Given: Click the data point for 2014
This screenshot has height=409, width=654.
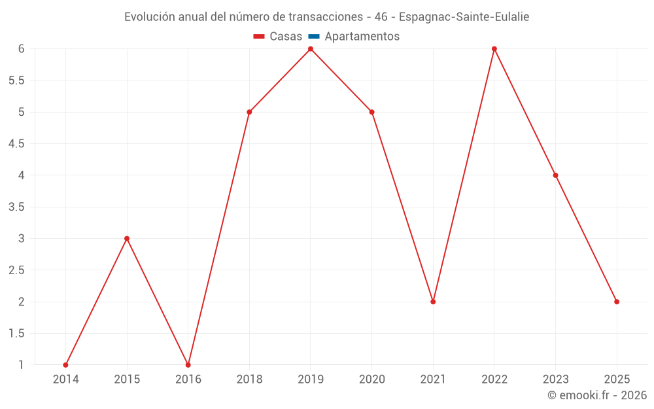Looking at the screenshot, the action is click(x=65, y=365).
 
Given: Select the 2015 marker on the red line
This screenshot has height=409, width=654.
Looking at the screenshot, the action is click(x=127, y=239).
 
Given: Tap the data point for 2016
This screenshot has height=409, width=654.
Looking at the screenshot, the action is click(x=188, y=365).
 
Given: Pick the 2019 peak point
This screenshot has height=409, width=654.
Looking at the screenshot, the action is click(x=311, y=49).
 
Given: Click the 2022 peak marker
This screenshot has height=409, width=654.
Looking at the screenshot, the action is click(x=494, y=49).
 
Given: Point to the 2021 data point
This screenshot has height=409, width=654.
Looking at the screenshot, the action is click(x=433, y=302).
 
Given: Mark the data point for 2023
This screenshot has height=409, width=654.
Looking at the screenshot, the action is click(x=555, y=175).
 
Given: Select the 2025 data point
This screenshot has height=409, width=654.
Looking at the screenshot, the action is click(x=617, y=302).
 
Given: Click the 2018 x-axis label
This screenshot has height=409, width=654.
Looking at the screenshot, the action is click(x=249, y=380).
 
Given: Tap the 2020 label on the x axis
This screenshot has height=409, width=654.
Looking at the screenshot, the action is click(x=372, y=380).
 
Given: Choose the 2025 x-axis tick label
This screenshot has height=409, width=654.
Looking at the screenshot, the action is click(x=617, y=380).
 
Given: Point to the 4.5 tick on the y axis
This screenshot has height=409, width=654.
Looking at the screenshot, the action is click(x=16, y=144).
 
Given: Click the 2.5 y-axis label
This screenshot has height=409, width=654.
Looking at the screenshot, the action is click(x=16, y=270).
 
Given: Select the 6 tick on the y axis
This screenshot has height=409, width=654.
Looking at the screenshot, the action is click(x=22, y=49).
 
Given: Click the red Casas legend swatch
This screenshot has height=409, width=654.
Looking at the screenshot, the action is click(x=259, y=37).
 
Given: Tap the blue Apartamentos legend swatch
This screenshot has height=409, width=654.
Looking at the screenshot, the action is click(x=314, y=37).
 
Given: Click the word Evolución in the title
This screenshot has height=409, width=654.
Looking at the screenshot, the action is click(x=150, y=17).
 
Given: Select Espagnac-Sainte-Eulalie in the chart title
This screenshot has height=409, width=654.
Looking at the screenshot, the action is click(x=464, y=17).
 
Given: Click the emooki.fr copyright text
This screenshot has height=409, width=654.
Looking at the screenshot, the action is click(x=597, y=395).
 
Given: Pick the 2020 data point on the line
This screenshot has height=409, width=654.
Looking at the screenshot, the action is click(x=371, y=113).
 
